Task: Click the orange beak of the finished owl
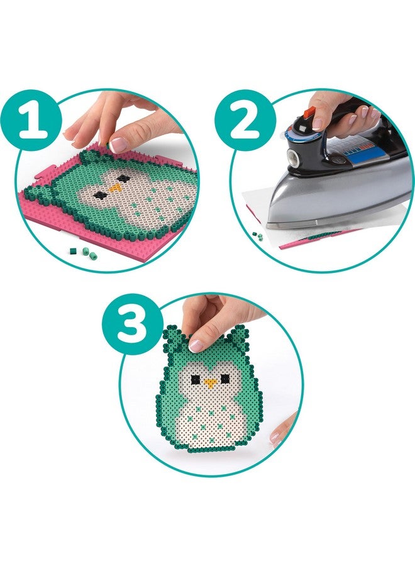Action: click(x=210, y=382)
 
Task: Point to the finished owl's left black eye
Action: click(x=196, y=379)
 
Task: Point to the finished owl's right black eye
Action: click(x=224, y=380)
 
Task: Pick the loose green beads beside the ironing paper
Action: click(x=258, y=235)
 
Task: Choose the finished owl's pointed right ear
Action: click(x=239, y=340)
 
